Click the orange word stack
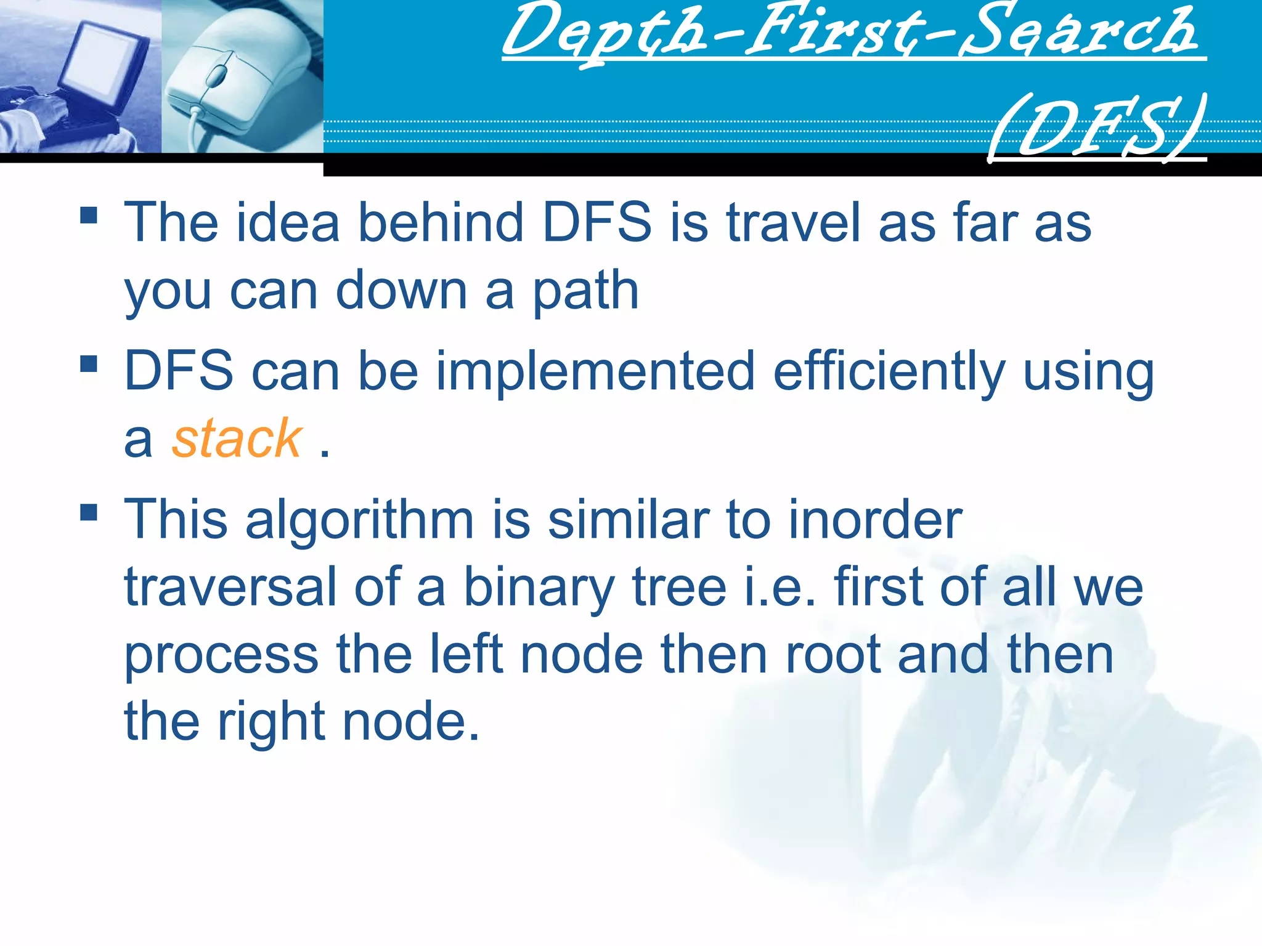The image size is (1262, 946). (237, 439)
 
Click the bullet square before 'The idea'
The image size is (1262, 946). (89, 215)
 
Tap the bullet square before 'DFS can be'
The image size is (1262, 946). (89, 364)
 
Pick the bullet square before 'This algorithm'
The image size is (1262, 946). (89, 512)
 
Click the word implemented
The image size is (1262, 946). (595, 371)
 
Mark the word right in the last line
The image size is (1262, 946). (271, 723)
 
